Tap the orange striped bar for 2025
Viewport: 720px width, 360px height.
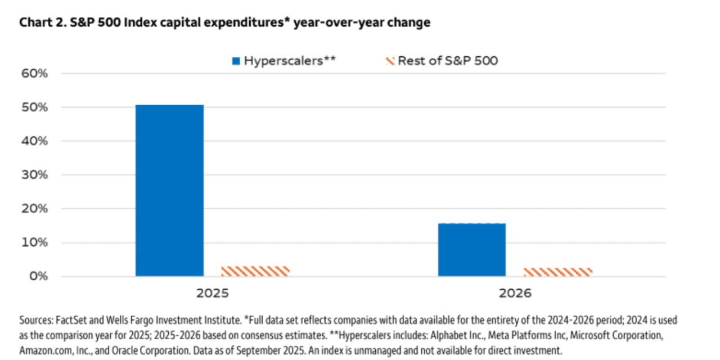(x=255, y=271)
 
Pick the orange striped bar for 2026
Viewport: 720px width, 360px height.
(x=557, y=272)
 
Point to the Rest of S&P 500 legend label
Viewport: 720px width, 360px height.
(x=447, y=61)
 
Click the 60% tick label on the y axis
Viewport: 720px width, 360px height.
(x=35, y=74)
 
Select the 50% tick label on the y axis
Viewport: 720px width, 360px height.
(x=35, y=107)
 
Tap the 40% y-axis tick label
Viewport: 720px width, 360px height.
(x=35, y=141)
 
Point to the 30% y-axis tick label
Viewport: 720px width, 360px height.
(x=35, y=175)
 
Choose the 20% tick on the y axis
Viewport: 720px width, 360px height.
(x=35, y=209)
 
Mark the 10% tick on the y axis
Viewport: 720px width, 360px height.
(x=35, y=242)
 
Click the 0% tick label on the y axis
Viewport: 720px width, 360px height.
(x=38, y=276)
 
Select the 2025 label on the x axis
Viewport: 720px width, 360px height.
(x=212, y=294)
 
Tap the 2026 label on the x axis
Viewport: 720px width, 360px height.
(x=515, y=294)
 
